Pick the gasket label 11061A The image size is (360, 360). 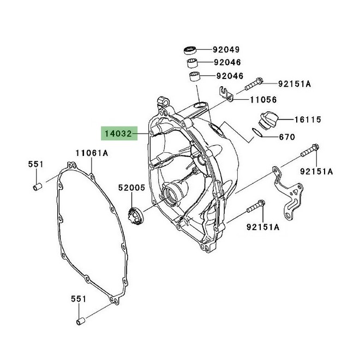click(x=92, y=153)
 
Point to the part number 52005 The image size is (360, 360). click(x=132, y=188)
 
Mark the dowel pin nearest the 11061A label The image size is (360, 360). click(x=38, y=188)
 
